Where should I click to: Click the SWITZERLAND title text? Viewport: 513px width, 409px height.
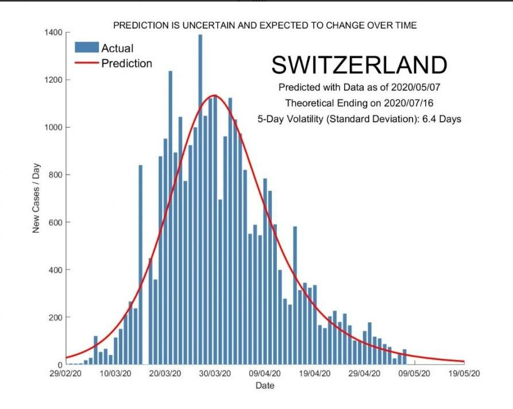(x=359, y=65)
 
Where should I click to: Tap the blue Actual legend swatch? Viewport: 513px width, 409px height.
(x=86, y=48)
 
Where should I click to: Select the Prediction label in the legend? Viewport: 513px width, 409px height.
(x=126, y=63)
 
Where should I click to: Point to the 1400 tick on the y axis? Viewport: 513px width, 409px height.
(x=53, y=32)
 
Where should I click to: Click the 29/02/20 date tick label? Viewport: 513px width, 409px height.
(x=66, y=373)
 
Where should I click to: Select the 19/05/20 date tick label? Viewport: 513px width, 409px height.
(x=464, y=373)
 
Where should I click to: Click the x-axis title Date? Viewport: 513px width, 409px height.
(x=265, y=385)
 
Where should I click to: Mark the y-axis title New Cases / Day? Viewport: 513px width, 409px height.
(x=36, y=198)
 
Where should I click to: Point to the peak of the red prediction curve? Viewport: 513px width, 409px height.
(x=214, y=95)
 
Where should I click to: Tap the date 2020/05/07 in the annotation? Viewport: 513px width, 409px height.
(x=418, y=88)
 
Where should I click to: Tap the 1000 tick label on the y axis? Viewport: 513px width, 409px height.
(x=53, y=127)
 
